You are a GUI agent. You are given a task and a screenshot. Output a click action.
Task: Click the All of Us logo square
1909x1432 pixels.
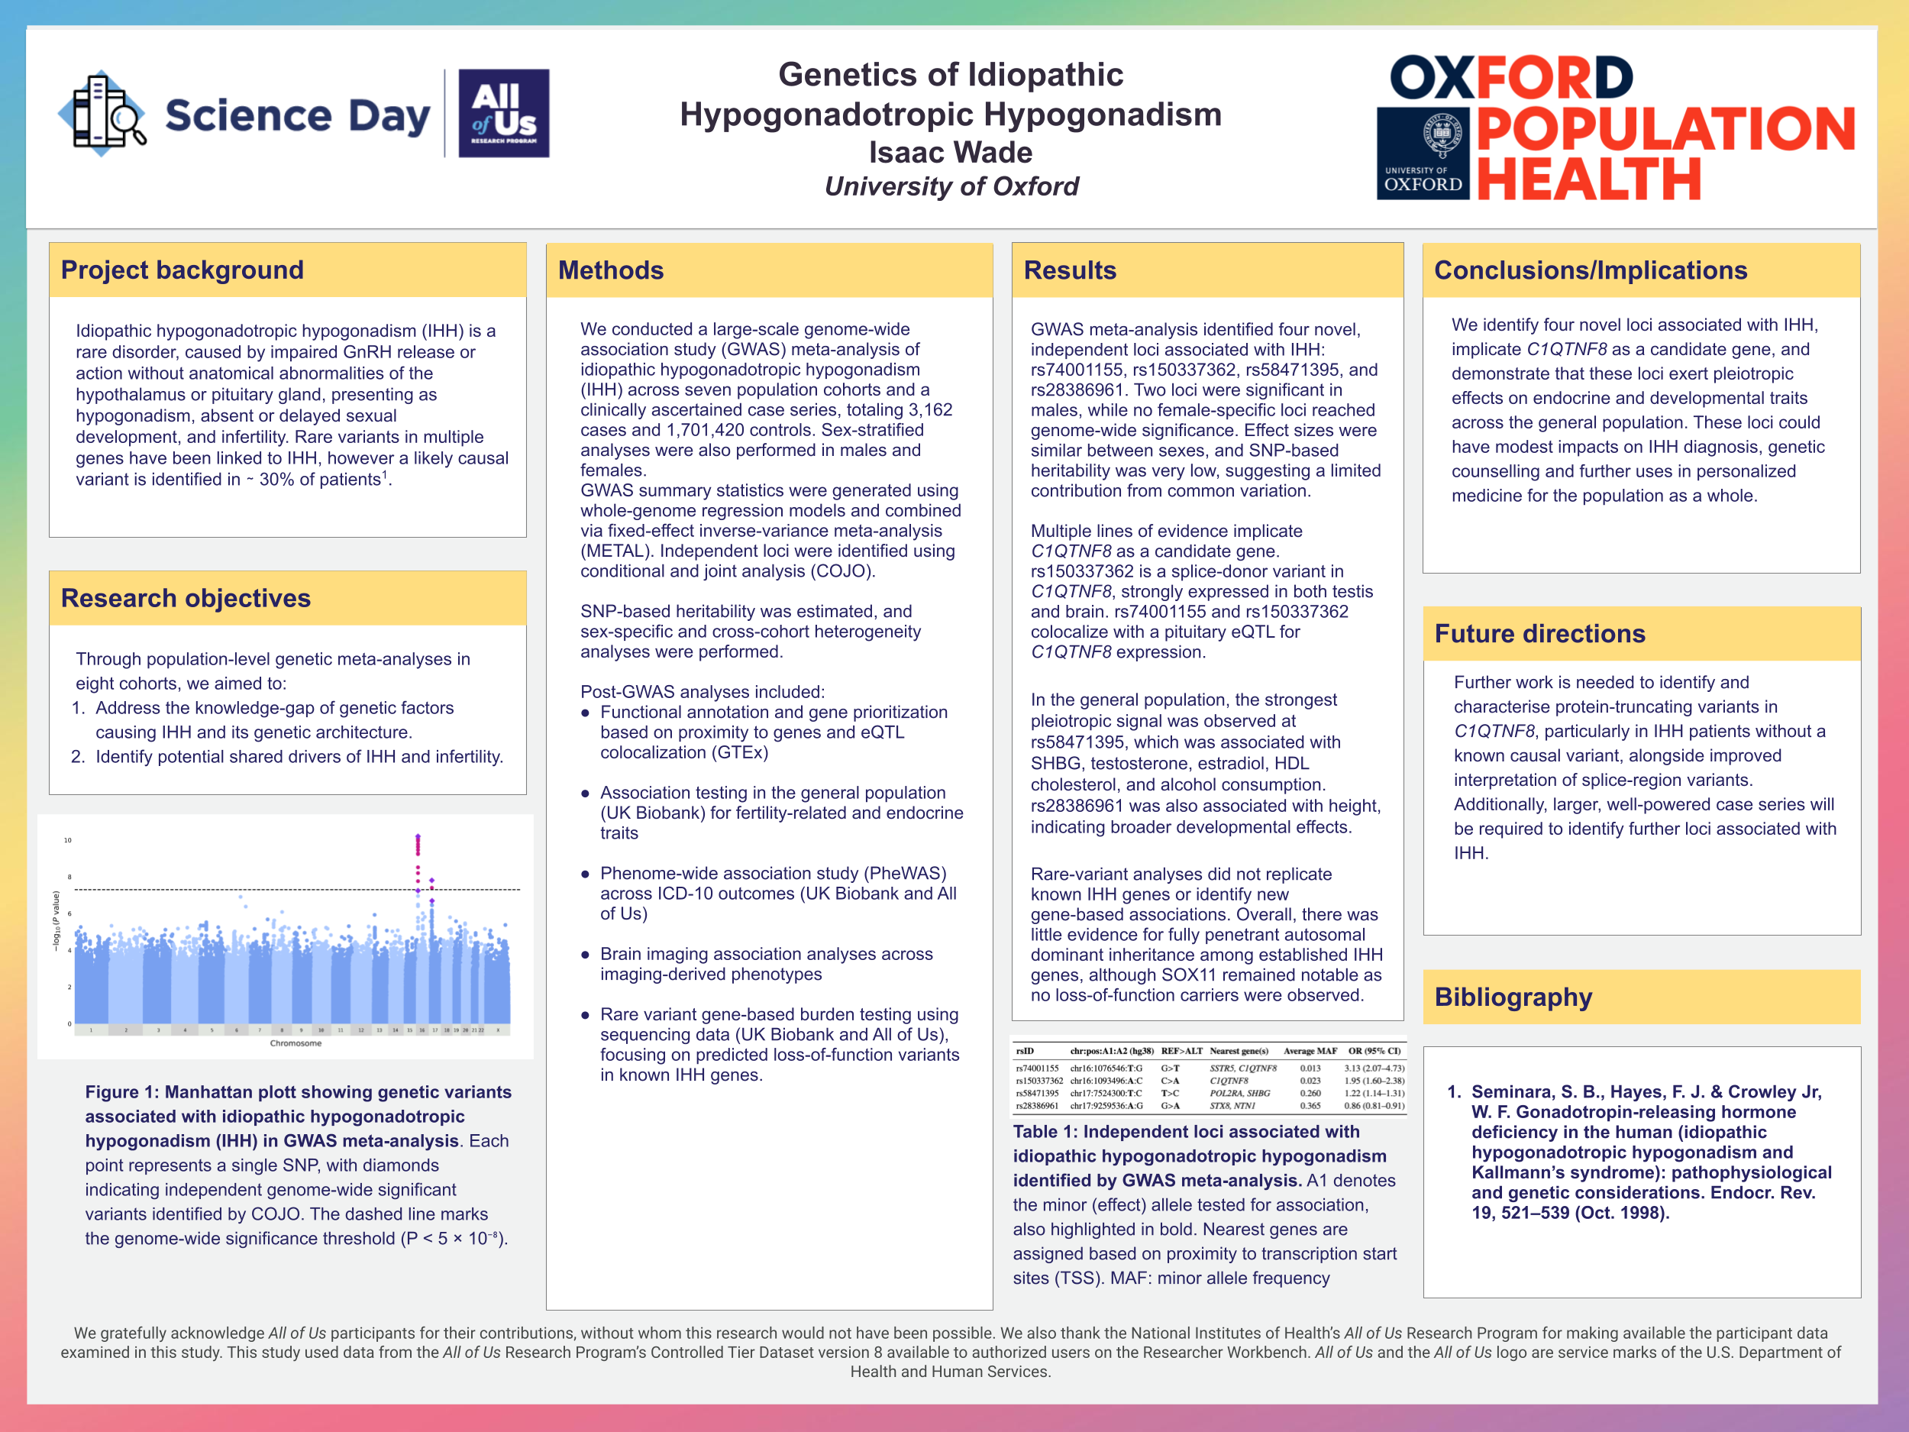[x=503, y=113]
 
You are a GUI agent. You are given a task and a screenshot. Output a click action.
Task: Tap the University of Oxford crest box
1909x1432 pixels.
[x=1423, y=153]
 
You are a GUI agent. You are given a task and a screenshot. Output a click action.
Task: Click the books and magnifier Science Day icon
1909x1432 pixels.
[x=102, y=113]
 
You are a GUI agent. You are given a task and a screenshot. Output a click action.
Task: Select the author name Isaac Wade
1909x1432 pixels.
[x=950, y=152]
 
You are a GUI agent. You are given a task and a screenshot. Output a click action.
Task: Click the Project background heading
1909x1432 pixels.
[x=182, y=270]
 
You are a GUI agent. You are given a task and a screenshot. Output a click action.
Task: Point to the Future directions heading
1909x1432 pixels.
[x=1539, y=634]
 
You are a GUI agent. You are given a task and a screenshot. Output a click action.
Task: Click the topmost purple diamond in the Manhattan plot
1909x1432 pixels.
[x=418, y=836]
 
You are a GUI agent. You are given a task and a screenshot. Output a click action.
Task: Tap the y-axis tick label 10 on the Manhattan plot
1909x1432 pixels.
[x=67, y=840]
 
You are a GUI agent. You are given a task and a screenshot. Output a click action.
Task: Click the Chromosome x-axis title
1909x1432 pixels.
[x=296, y=1043]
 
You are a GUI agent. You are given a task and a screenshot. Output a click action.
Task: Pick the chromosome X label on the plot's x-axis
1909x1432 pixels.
[x=497, y=1030]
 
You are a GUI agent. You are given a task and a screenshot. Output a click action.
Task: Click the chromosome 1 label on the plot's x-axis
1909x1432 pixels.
[x=91, y=1030]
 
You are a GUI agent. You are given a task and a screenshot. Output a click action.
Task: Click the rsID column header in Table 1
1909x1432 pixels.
[x=1025, y=1052]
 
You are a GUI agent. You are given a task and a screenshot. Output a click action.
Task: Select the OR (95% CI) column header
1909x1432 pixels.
[x=1374, y=1052]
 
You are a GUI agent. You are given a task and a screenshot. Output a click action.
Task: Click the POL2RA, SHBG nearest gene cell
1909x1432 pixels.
[x=1239, y=1094]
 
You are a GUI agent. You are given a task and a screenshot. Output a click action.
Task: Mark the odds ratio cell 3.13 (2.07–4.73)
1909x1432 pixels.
[x=1374, y=1068]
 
